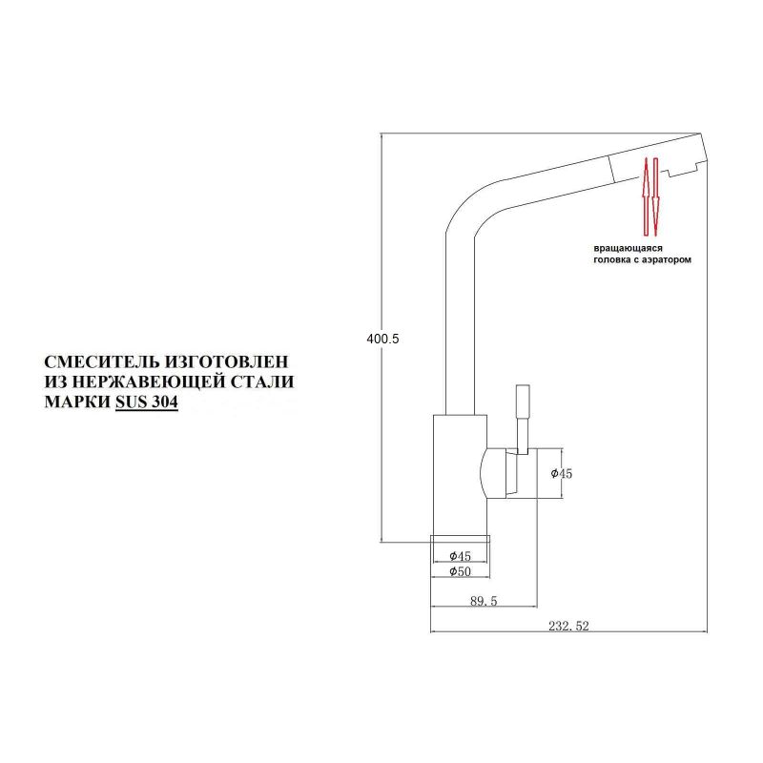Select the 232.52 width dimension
[x=571, y=627]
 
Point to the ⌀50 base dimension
[x=462, y=571]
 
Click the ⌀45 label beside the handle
[x=562, y=474]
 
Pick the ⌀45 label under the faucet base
[x=462, y=555]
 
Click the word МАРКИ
[x=77, y=402]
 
